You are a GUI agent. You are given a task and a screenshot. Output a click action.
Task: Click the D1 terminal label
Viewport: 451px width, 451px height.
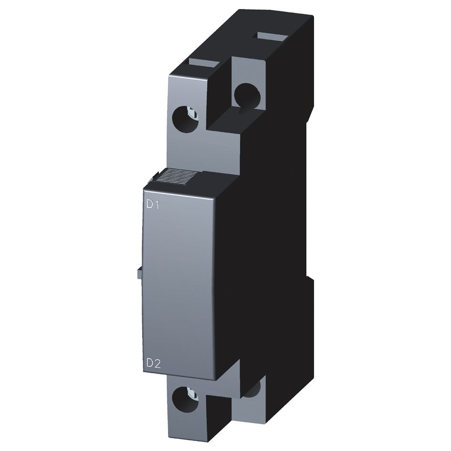coord(153,206)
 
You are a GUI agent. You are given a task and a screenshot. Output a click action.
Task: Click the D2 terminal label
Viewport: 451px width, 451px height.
coord(153,364)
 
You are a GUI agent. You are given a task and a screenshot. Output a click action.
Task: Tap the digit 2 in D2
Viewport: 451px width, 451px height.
coord(157,364)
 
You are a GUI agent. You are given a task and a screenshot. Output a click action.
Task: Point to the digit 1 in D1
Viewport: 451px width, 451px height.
coord(157,206)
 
